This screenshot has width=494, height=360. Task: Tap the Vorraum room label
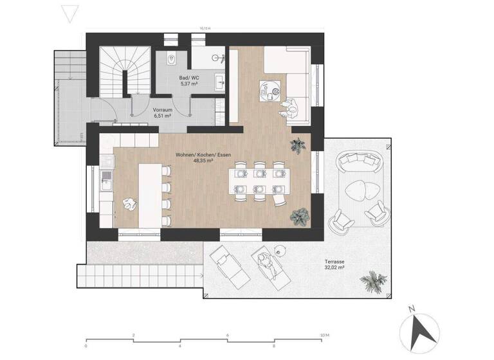coord(161,109)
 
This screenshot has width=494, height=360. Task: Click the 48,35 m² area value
coord(203,161)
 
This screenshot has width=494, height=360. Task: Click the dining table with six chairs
coord(259,181)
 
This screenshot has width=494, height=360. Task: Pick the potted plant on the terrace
coord(373,280)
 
